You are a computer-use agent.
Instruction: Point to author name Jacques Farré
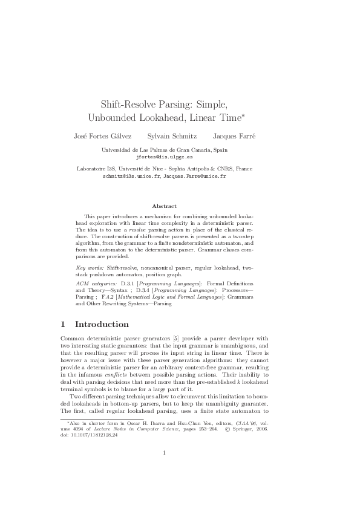[x=234, y=136]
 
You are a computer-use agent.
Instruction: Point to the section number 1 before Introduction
[x=64, y=324]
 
